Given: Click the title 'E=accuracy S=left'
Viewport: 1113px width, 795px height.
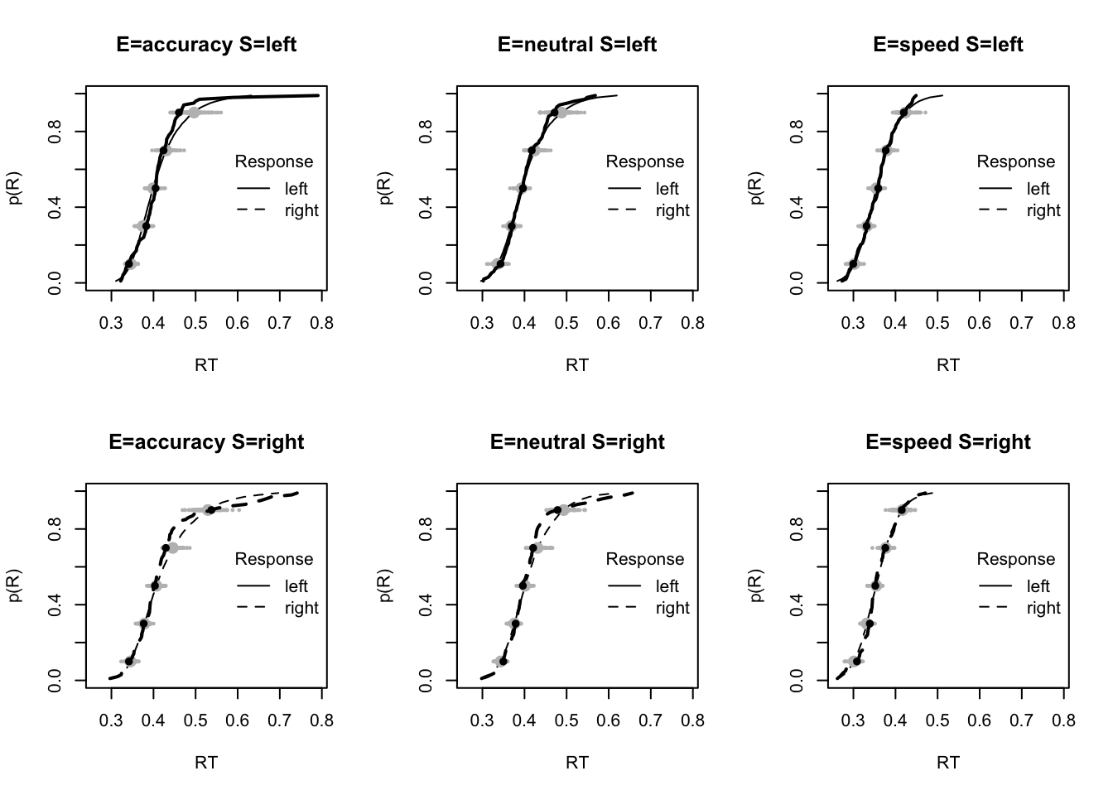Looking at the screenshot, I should pos(206,45).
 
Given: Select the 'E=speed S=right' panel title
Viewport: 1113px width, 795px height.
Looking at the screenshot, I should pos(948,442).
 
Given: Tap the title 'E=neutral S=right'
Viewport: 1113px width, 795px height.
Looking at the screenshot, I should pos(577,442).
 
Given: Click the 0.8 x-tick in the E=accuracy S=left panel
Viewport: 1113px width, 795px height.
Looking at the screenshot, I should pos(321,323).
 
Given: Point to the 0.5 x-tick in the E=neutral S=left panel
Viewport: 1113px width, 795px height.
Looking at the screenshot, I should pos(566,323).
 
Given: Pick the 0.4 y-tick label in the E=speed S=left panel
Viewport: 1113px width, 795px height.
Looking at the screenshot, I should pos(797,207).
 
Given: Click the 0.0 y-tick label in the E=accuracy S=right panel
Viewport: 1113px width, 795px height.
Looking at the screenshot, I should pos(55,681).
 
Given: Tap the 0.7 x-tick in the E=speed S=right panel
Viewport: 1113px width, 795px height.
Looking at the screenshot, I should pos(1021,720).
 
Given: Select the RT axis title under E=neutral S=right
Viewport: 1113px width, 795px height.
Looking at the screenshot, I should pos(577,762).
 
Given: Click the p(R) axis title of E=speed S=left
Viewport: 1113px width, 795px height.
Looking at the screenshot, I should pos(757,188).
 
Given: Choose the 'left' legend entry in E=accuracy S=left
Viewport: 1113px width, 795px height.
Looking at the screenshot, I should pos(296,189).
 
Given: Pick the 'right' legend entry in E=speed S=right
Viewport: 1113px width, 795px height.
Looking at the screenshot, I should pos(1043,608).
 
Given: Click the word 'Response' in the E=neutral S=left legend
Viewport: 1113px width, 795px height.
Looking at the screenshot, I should pos(645,161).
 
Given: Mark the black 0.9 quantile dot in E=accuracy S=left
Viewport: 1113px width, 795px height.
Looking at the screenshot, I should pos(179,113).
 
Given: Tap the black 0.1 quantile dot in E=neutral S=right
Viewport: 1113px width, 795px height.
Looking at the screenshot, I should pos(503,661).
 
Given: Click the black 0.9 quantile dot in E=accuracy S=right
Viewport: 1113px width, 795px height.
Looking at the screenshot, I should pos(210,510).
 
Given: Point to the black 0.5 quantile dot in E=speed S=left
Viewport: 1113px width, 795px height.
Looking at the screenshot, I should pos(878,188).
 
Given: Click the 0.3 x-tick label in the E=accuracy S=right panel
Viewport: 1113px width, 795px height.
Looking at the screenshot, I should pos(111,720).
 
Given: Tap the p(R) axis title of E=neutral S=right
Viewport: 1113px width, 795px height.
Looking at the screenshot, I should pos(386,585).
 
